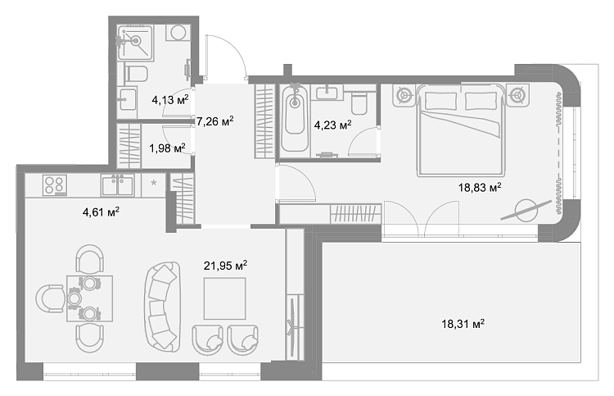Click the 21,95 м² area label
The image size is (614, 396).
(x=225, y=266)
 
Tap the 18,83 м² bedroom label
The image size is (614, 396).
(x=480, y=188)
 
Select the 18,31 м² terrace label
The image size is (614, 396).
(x=463, y=324)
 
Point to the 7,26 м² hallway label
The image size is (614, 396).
(x=215, y=121)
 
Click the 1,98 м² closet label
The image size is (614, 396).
(x=167, y=148)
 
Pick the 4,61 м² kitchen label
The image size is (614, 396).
(x=101, y=212)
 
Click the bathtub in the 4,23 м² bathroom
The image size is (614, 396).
(x=295, y=118)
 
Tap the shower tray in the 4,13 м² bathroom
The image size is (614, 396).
(x=135, y=43)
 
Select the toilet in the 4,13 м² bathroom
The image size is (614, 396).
(x=135, y=74)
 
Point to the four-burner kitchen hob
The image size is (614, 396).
(x=55, y=185)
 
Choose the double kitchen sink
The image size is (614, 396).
(x=117, y=185)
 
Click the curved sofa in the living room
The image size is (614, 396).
(x=162, y=306)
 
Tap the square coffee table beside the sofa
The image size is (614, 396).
(x=225, y=298)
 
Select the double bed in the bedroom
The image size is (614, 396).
(x=460, y=130)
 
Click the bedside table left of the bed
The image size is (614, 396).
(x=404, y=95)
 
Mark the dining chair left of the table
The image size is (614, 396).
(x=51, y=298)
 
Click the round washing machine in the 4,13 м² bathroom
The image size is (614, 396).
(x=178, y=33)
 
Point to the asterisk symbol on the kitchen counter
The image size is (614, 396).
(x=154, y=182)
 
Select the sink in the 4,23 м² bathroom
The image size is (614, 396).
(x=327, y=93)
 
